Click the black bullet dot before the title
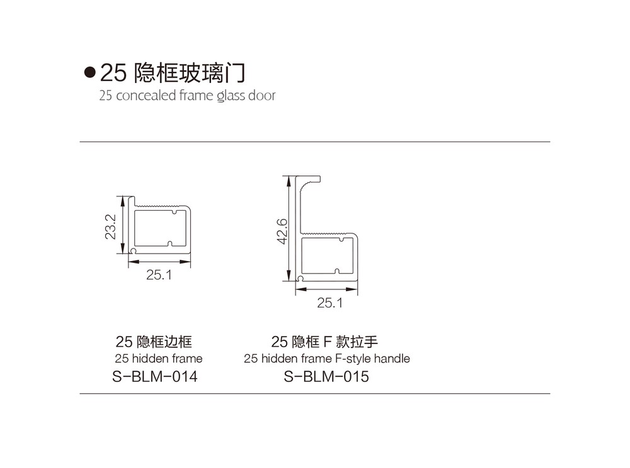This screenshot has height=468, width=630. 89,72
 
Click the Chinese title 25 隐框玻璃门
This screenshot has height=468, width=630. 173,72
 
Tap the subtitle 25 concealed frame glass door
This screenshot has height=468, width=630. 187,96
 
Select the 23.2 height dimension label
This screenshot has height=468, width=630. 110,226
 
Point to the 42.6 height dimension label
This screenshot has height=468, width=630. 282,231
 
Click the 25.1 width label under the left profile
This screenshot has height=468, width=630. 159,275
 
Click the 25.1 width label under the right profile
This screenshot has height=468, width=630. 330,303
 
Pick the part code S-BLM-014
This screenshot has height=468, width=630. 155,377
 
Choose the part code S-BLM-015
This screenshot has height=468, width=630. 326,377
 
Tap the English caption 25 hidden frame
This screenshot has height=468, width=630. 159,359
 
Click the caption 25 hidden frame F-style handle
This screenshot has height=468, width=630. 327,359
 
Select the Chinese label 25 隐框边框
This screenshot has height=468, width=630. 154,342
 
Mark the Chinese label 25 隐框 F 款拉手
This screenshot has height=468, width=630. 324,342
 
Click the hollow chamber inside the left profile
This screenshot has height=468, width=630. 160,228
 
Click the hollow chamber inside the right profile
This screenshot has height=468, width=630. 327,256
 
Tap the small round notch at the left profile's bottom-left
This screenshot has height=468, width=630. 133,250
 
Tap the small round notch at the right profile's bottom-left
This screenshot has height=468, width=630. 300,278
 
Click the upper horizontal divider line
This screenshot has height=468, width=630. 315,142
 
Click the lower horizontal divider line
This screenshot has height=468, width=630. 315,393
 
